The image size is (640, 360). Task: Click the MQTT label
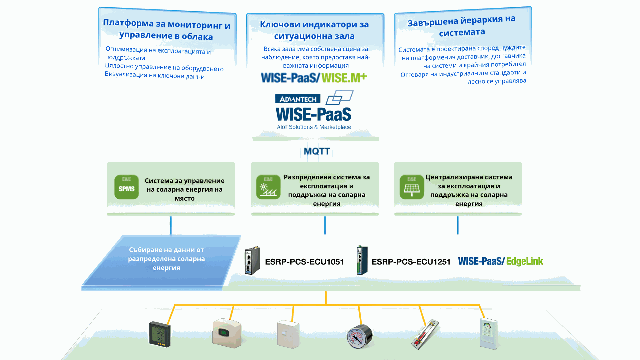(317, 151)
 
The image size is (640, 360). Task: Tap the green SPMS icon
(127, 187)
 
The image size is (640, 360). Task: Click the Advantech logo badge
(298, 99)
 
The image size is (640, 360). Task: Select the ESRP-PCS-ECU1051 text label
(304, 262)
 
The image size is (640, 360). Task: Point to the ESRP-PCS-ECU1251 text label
(411, 262)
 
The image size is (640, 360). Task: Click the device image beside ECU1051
(252, 261)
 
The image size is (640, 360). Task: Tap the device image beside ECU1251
(362, 260)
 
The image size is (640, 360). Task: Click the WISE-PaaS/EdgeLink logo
(500, 261)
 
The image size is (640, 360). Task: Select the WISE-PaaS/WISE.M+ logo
(314, 78)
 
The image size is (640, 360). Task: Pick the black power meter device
(160, 334)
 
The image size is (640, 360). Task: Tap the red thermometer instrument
(425, 334)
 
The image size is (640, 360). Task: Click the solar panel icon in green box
(412, 187)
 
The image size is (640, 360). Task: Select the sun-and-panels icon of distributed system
(268, 187)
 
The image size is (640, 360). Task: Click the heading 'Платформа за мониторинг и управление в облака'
(166, 30)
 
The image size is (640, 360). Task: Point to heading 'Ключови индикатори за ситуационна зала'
(314, 30)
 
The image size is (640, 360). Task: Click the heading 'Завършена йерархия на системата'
(462, 26)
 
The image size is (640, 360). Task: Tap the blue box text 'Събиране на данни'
(166, 259)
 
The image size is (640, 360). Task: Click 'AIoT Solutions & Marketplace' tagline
(314, 127)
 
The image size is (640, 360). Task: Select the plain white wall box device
(288, 334)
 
